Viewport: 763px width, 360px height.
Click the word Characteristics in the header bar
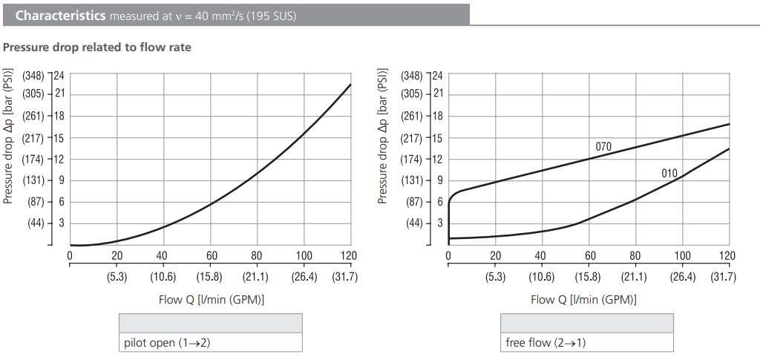(x=60, y=15)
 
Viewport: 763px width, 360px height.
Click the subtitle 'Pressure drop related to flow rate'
(x=96, y=48)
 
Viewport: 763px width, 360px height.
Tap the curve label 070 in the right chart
(x=603, y=147)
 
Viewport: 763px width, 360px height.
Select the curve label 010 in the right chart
(x=669, y=174)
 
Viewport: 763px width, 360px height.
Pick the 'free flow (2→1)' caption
(x=545, y=342)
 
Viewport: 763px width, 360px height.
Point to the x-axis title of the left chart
(x=210, y=300)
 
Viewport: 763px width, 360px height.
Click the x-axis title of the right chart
(x=588, y=300)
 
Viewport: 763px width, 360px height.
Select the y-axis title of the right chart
(x=384, y=140)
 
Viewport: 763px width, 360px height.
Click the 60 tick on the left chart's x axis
(x=210, y=256)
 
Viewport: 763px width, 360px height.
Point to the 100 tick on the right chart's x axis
(x=681, y=256)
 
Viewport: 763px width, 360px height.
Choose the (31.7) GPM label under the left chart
(x=350, y=278)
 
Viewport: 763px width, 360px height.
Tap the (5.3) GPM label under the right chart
(x=495, y=278)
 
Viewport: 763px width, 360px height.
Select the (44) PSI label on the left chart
(x=36, y=223)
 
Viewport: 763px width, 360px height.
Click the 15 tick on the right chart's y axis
(x=436, y=138)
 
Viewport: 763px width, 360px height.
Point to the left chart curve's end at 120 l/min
(x=350, y=85)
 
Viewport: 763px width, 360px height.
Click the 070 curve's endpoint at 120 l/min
(x=729, y=124)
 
